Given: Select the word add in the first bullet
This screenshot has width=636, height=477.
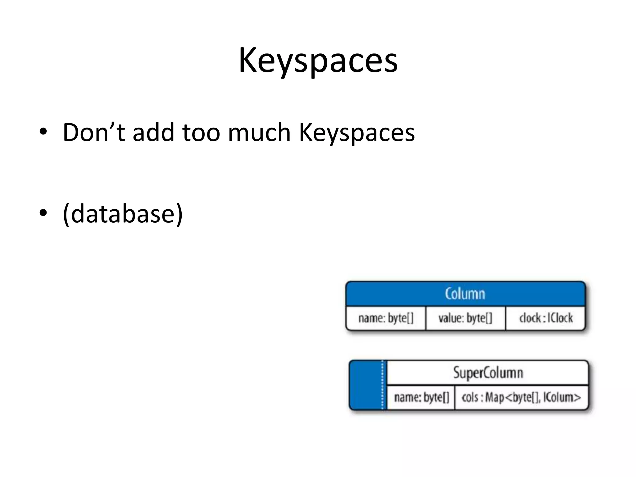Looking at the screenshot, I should point(153,132).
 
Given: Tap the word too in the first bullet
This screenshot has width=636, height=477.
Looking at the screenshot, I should point(201,132).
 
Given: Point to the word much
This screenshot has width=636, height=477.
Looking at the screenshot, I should point(259,132).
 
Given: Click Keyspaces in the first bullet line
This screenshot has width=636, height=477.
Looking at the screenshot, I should point(357,133).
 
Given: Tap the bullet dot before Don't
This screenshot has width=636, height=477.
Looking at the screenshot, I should point(43,132).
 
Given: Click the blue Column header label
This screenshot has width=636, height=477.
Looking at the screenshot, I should point(465,293).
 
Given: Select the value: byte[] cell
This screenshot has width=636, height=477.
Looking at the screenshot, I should point(465,318).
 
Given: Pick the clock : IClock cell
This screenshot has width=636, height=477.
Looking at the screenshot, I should point(546,318).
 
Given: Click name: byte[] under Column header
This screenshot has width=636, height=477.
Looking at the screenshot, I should point(386,318).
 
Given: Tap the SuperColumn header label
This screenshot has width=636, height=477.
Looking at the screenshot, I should point(488,372).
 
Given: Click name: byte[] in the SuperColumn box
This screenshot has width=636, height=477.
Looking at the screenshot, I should point(421,397).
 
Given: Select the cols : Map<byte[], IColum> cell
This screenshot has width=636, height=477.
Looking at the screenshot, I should point(521,397).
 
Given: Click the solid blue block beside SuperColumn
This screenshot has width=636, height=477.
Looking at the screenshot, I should point(365,385).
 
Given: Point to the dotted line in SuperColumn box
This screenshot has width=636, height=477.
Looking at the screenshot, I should point(383,385).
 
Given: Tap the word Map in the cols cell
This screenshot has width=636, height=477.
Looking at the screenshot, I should point(495,397).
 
